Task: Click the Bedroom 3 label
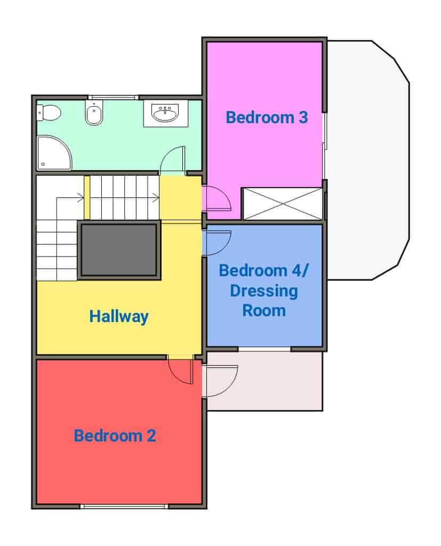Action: pos(267,117)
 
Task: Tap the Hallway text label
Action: pos(119,317)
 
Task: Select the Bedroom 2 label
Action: pos(115,436)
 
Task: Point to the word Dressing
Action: pos(264,292)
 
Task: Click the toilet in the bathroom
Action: pos(49,113)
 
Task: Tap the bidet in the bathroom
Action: pos(94,112)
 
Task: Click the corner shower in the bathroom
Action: pos(54,153)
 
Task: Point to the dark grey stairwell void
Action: pos(119,250)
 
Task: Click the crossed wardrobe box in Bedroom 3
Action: pos(282,204)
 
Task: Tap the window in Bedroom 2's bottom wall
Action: pos(124,507)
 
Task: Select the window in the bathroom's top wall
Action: pos(113,98)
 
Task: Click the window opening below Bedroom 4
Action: pos(264,349)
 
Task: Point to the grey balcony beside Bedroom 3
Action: pos(368,160)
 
